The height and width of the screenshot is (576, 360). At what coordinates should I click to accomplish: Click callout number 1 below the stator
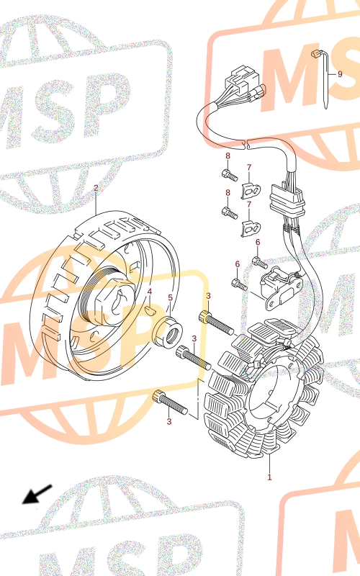pos(269,477)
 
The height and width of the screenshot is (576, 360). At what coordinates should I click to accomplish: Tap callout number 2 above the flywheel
pos(96,188)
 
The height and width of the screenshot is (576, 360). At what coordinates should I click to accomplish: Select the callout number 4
pos(150,292)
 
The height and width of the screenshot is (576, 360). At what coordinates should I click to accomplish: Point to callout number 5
pos(170,297)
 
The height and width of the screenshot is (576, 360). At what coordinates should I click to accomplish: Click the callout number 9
pos(340,74)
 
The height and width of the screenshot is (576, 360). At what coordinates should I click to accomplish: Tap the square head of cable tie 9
pos(315,55)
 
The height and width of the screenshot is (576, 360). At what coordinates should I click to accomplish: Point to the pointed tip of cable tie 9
pos(326,108)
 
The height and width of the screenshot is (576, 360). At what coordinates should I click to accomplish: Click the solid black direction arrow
pos(37,494)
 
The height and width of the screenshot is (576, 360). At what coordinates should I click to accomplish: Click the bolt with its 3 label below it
pos(170,402)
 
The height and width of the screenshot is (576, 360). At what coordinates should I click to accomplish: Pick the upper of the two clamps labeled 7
pos(251,190)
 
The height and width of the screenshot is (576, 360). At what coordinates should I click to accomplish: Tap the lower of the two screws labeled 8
pos(229,212)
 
